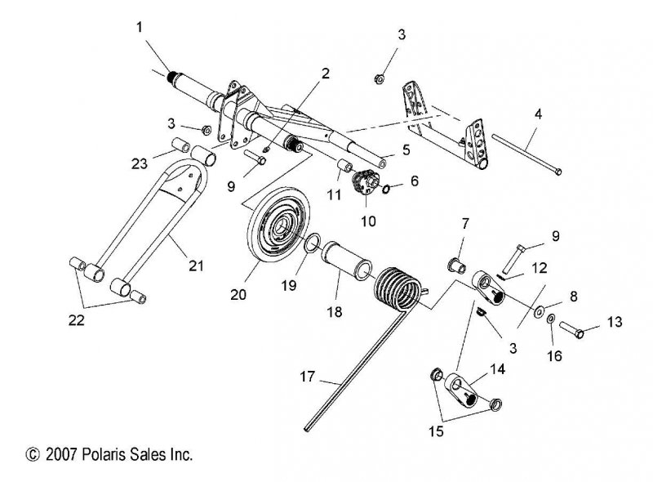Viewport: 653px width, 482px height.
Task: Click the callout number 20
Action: tap(238, 294)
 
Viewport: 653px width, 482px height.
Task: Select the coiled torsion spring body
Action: tap(398, 289)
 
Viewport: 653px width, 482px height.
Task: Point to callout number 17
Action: tap(308, 377)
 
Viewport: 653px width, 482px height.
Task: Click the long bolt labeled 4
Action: tap(526, 153)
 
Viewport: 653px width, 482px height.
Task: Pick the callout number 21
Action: tap(196, 266)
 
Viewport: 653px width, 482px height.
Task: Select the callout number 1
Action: tap(139, 27)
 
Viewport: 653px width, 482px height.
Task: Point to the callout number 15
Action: tap(436, 431)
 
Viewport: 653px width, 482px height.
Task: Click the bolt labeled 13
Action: tap(571, 329)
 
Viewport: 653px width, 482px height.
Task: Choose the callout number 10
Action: tap(368, 221)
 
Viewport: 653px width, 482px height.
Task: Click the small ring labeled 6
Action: tap(386, 189)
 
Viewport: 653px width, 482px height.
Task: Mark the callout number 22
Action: tap(76, 320)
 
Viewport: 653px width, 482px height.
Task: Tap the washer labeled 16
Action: tap(549, 319)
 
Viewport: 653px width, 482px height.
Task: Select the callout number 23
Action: tap(140, 163)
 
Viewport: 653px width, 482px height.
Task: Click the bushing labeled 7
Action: tap(457, 266)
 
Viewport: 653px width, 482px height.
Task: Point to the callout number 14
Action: tap(497, 369)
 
